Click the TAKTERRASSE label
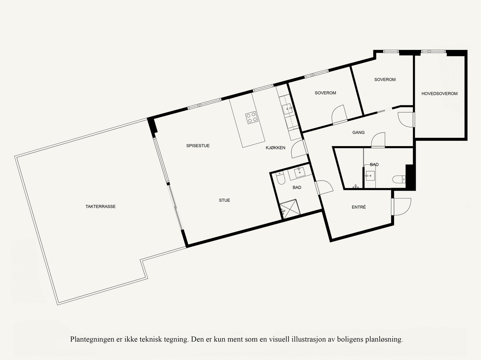pyautogui.click(x=100, y=206)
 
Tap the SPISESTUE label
pyautogui.click(x=198, y=146)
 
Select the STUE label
pyautogui.click(x=224, y=200)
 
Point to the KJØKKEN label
pyautogui.click(x=275, y=148)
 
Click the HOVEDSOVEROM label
pyautogui.click(x=439, y=94)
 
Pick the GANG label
pyautogui.click(x=358, y=133)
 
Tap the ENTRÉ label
pyautogui.click(x=359, y=207)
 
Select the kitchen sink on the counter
pyautogui.click(x=287, y=108)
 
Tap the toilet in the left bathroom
pyautogui.click(x=280, y=179)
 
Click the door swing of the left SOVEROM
pyautogui.click(x=339, y=114)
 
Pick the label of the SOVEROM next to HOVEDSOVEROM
pyautogui.click(x=385, y=80)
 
